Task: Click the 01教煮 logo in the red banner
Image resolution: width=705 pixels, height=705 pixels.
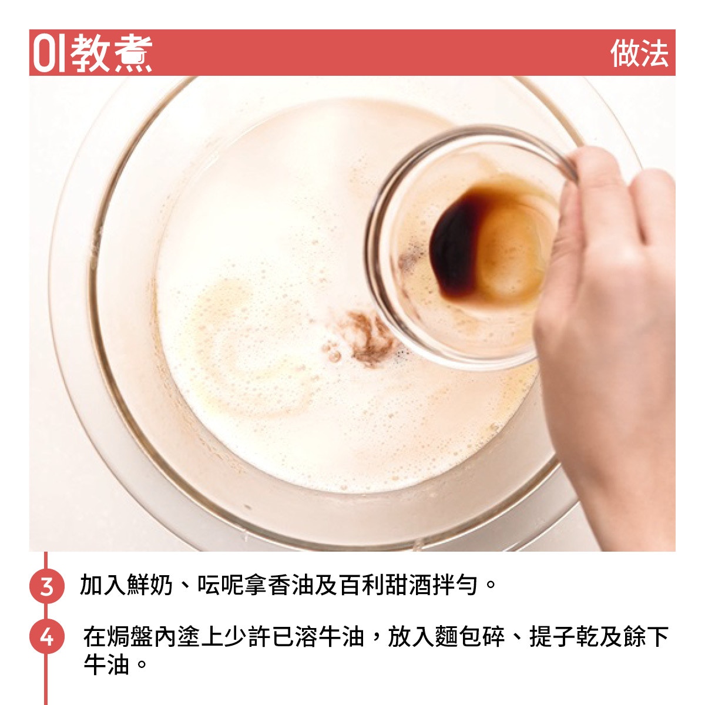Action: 92,53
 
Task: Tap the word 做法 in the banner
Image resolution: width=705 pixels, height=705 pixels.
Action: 639,53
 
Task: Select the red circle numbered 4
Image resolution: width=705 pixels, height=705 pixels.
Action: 46,637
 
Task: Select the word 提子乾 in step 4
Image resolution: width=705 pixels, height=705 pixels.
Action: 563,637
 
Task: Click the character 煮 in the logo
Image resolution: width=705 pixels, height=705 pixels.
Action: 132,53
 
